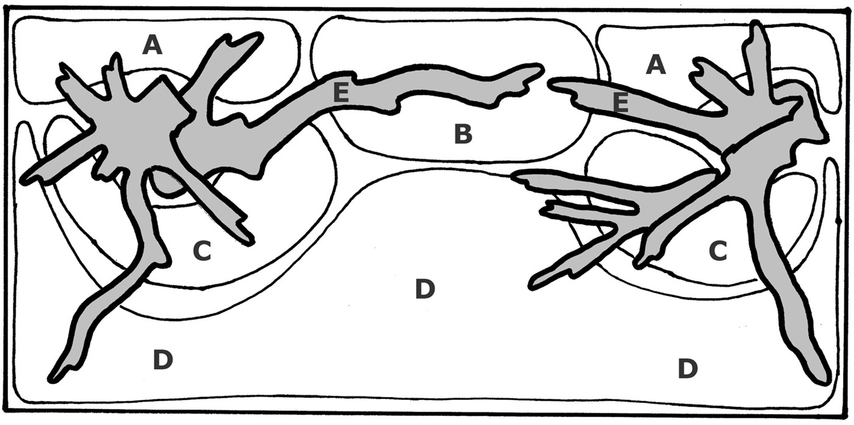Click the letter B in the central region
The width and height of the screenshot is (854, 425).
click(x=463, y=134)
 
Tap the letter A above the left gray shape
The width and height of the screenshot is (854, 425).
click(x=152, y=44)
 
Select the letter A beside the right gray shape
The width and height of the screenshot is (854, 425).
click(x=656, y=64)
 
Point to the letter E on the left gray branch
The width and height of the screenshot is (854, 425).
click(x=341, y=93)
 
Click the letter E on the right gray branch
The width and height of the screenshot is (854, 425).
click(x=621, y=103)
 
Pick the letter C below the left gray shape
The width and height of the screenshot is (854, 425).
click(x=202, y=251)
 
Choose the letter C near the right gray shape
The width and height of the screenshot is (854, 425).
click(x=718, y=251)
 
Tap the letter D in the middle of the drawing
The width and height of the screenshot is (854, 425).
click(x=425, y=289)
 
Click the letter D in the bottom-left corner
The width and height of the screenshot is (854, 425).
click(x=163, y=359)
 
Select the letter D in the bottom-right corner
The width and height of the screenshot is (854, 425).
click(x=688, y=368)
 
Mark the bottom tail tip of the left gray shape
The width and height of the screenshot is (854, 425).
click(x=51, y=380)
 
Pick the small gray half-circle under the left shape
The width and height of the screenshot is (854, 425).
click(x=168, y=185)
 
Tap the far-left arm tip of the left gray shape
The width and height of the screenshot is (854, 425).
click(x=24, y=180)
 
